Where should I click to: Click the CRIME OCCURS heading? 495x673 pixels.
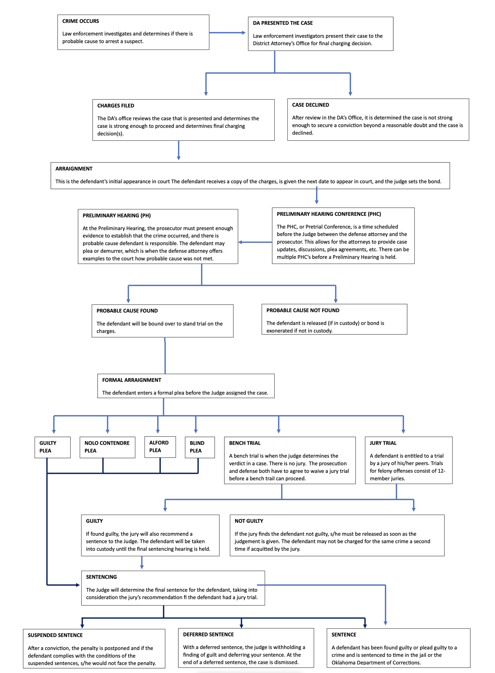tap(80, 21)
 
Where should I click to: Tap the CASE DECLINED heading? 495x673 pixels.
tap(310, 105)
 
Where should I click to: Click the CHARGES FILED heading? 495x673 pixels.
tap(116, 105)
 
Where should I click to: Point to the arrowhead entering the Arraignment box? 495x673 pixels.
tap(179, 158)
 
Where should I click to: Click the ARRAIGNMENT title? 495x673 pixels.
tap(74, 169)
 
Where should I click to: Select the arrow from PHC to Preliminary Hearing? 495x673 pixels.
tap(255, 242)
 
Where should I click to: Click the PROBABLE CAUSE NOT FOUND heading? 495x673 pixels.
tap(302, 310)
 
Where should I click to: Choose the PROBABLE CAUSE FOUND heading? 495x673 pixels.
tap(127, 311)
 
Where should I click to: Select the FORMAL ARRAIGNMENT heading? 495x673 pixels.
tap(132, 380)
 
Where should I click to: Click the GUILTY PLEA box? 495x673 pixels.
tap(52, 447)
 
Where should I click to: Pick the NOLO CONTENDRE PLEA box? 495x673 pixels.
tap(107, 447)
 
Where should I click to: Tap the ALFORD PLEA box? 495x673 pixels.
tap(160, 447)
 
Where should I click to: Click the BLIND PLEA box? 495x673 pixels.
tap(199, 447)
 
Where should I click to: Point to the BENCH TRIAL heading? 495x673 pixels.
tap(244, 443)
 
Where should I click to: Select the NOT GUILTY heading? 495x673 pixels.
tap(249, 521)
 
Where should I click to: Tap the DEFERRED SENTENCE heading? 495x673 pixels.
tap(208, 634)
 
